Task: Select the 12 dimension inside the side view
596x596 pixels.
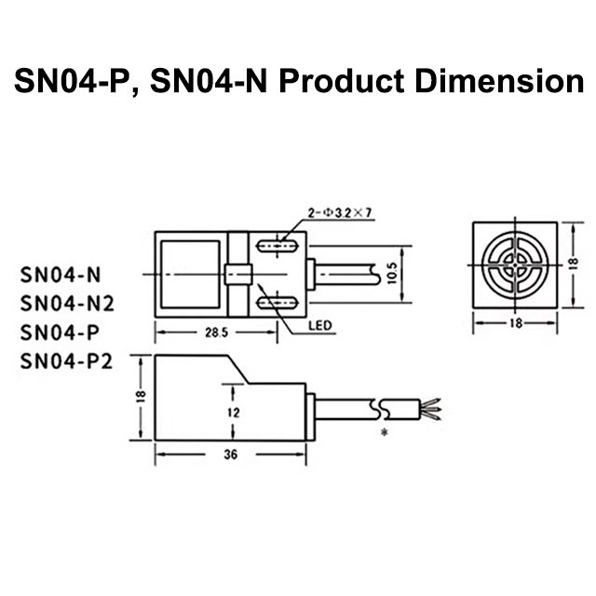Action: tap(235, 411)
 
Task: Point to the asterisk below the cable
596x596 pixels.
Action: tap(384, 435)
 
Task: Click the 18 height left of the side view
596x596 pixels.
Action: tap(140, 397)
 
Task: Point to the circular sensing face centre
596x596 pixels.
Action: tap(516, 266)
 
